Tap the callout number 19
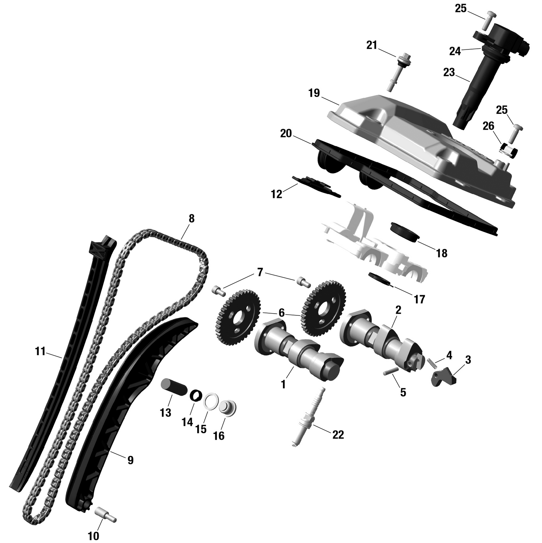pyautogui.click(x=314, y=93)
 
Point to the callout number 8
pyautogui.click(x=191, y=219)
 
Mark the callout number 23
pyautogui.click(x=449, y=73)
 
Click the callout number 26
pyautogui.click(x=488, y=126)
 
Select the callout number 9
pyautogui.click(x=130, y=460)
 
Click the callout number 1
pyautogui.click(x=283, y=384)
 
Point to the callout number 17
pyautogui.click(x=419, y=299)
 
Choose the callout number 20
pyautogui.click(x=286, y=134)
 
